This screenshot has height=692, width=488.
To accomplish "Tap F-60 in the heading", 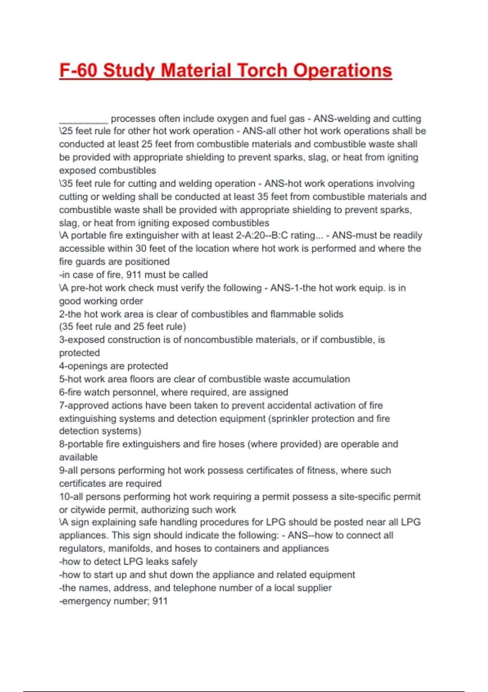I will pos(78,70).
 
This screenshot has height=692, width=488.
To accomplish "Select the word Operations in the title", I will pos(342,70).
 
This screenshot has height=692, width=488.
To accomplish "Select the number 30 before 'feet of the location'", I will pos(141,248).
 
